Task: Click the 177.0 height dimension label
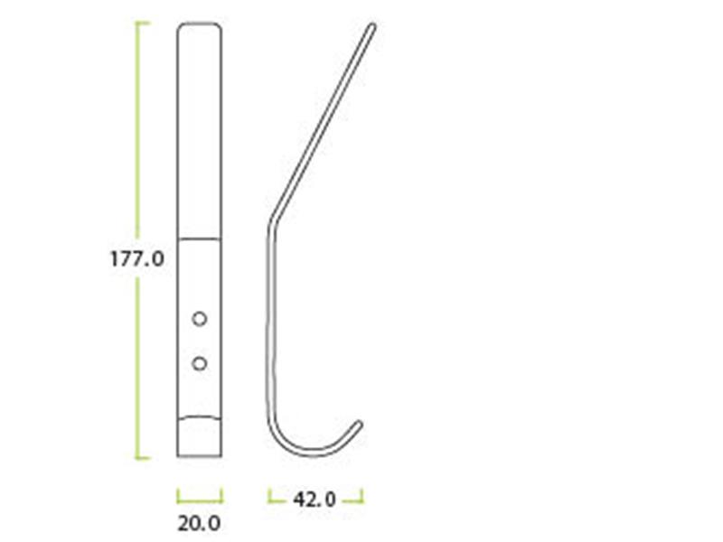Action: point(136,258)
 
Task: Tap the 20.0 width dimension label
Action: point(200,523)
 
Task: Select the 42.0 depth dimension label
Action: point(315,499)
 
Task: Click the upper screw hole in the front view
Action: point(200,319)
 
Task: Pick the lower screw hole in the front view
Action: point(200,363)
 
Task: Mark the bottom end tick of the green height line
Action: point(143,458)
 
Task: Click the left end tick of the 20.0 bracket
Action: point(179,494)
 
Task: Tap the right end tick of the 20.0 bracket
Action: point(221,494)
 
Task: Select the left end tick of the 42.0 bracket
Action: point(269,494)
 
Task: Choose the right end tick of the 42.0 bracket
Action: point(362,494)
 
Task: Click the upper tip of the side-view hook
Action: point(371,27)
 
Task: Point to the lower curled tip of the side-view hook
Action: point(361,423)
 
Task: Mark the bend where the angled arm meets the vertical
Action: point(269,226)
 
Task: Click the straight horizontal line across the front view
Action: point(200,238)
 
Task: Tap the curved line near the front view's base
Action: point(200,416)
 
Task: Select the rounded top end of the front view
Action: point(200,24)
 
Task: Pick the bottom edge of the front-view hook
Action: point(200,457)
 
